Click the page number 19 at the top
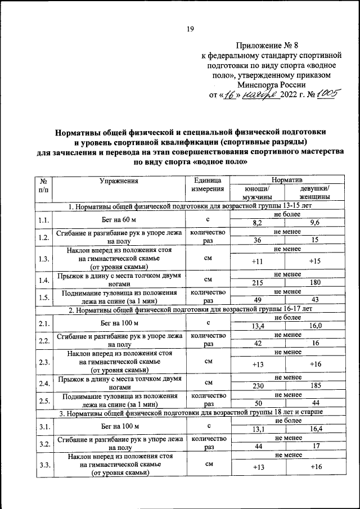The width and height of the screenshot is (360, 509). click(x=190, y=30)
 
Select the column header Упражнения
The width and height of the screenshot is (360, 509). click(x=119, y=181)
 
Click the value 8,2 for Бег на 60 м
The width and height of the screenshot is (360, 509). click(x=258, y=224)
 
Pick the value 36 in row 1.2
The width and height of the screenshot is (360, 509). click(x=258, y=240)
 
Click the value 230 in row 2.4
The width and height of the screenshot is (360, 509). click(x=258, y=387)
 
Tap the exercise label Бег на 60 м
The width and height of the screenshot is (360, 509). click(x=119, y=220)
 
